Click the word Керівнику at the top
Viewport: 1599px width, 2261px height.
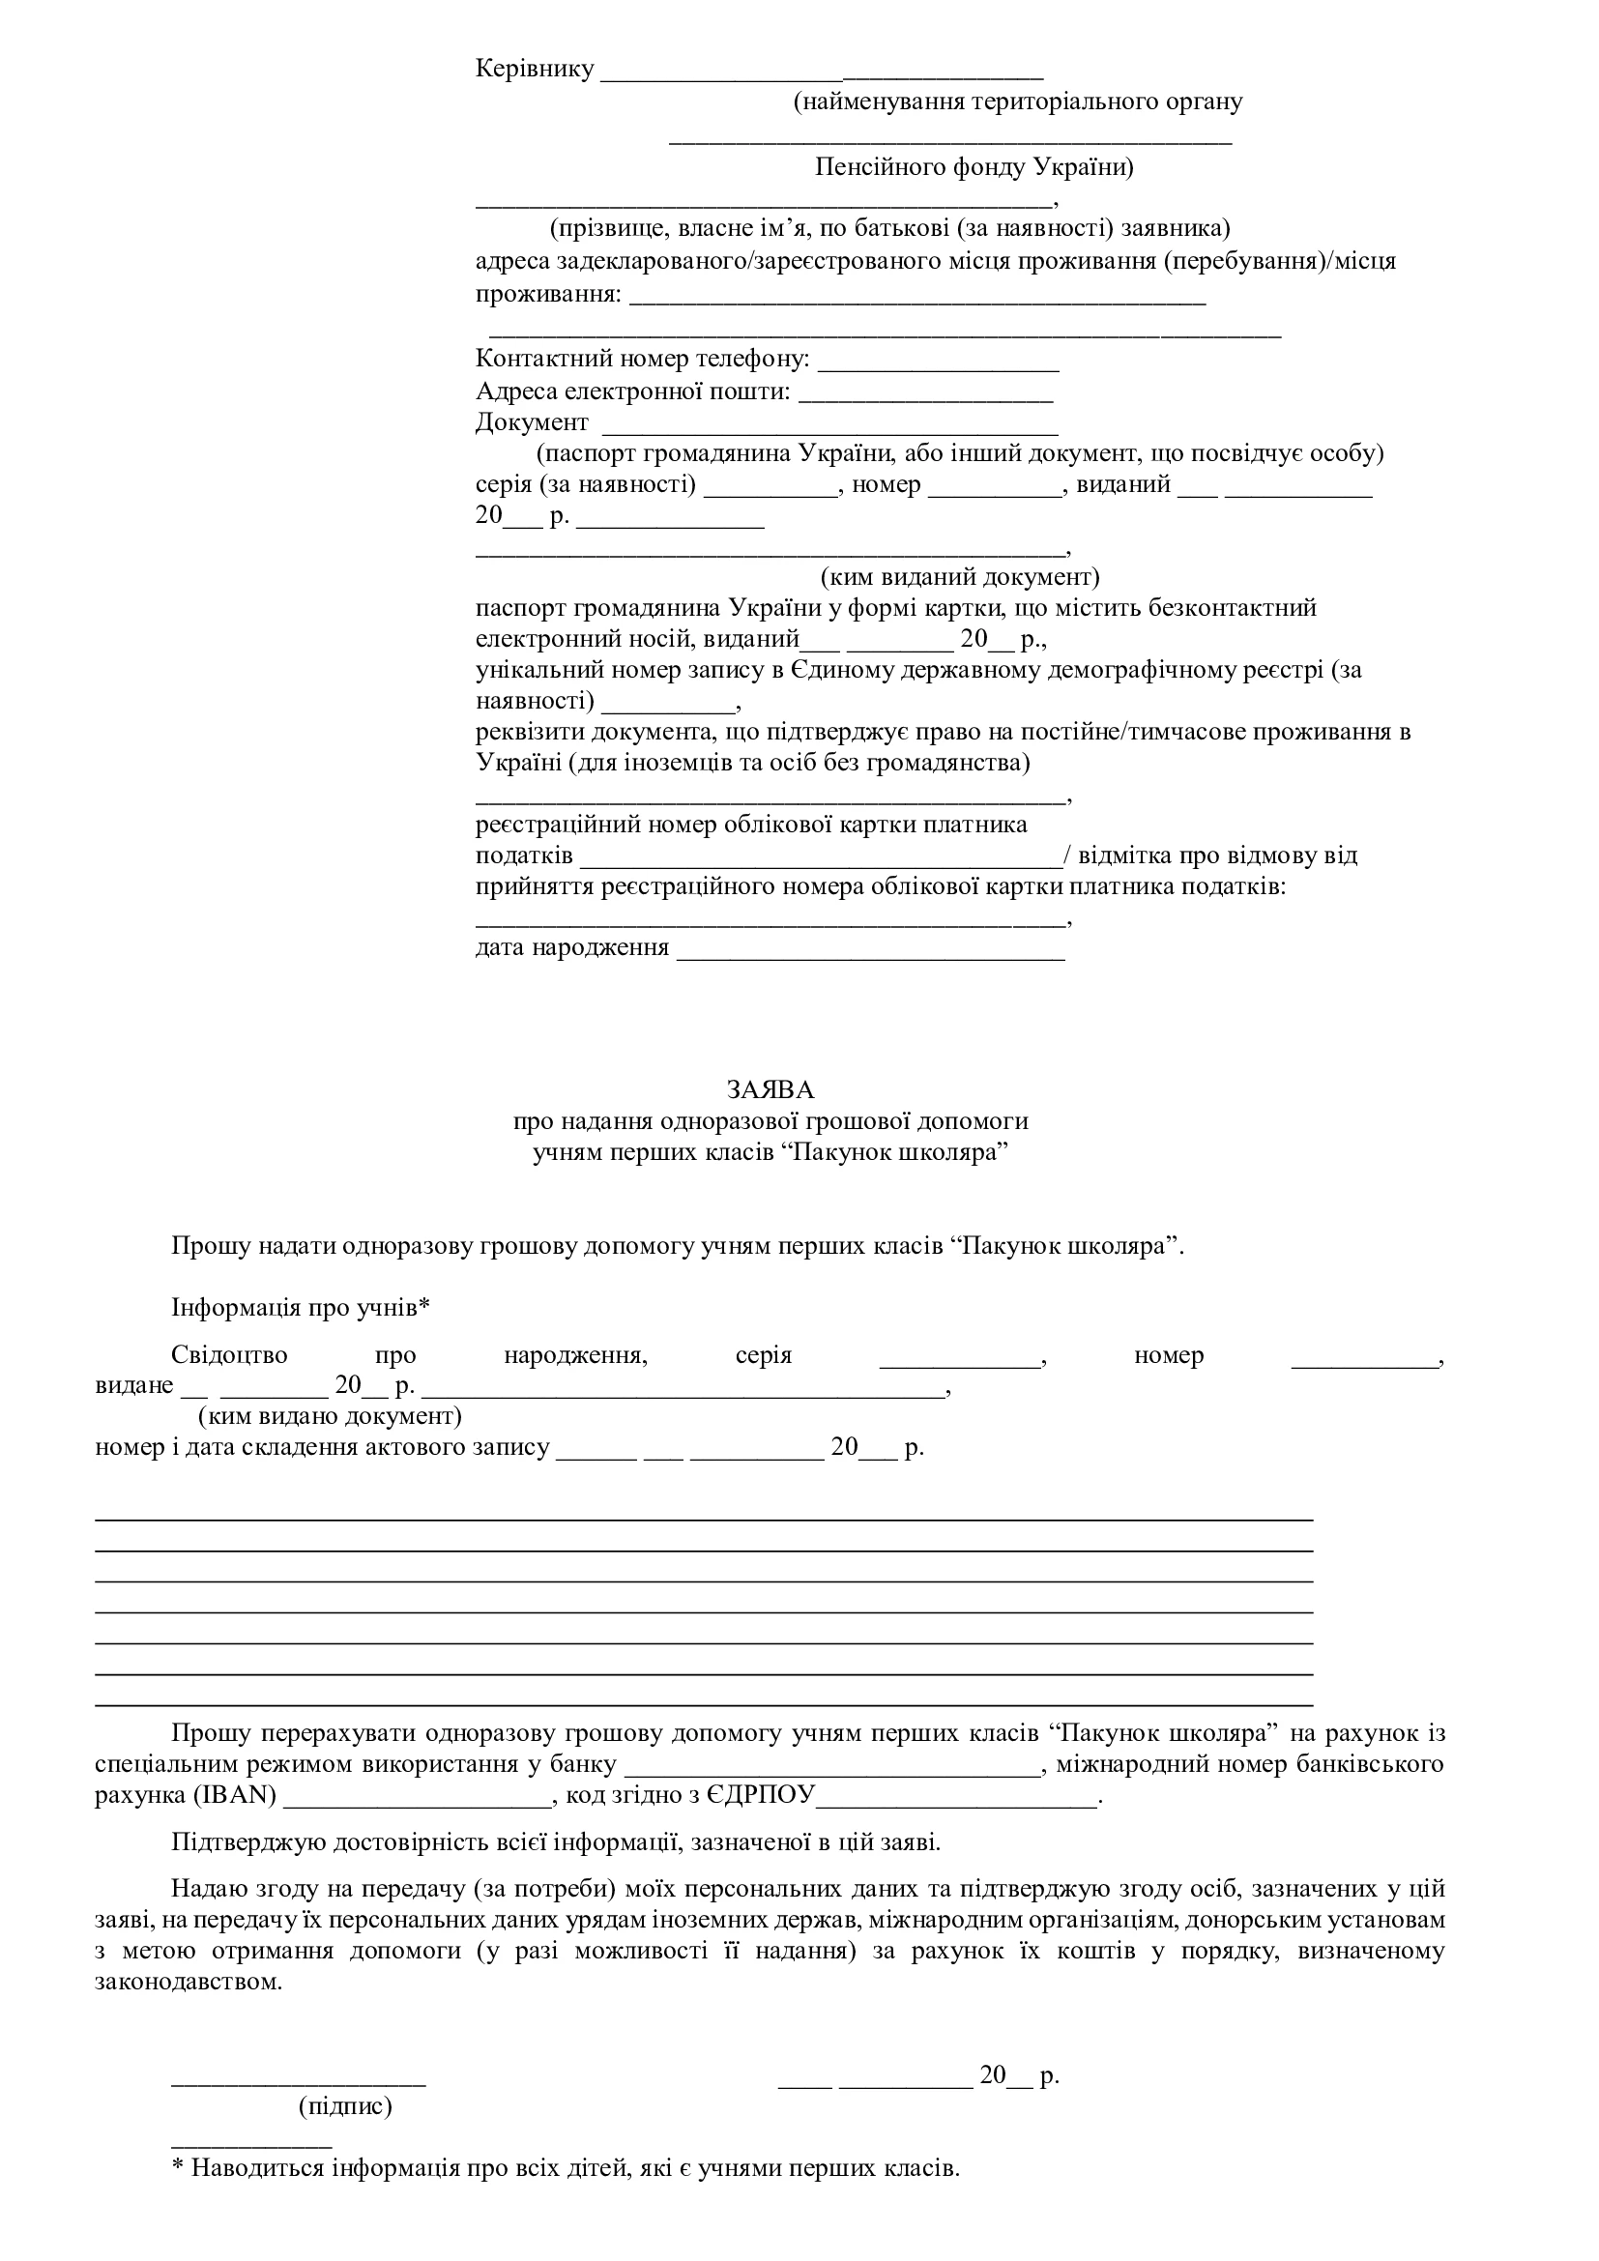[535, 69]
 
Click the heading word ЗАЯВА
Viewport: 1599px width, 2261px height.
[770, 1090]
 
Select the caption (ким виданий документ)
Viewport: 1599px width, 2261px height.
[960, 576]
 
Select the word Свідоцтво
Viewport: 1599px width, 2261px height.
[229, 1355]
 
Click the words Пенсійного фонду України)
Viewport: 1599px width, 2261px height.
[974, 167]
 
